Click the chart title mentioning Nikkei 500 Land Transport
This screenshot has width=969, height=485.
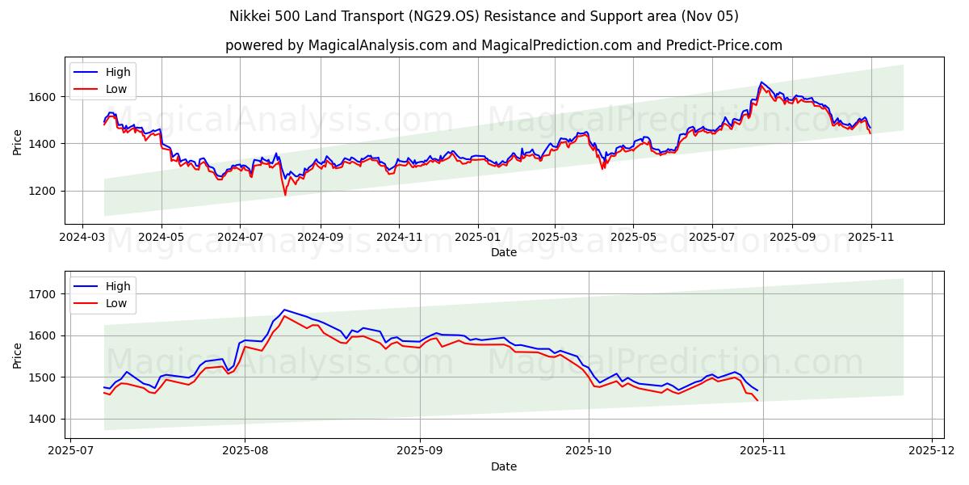tap(484, 16)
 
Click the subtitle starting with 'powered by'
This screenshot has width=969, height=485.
tap(503, 45)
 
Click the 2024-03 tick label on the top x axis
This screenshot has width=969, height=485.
tap(82, 238)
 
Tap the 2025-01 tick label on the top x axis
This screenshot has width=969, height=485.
tap(477, 238)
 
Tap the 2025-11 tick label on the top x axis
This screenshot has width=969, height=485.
tap(870, 238)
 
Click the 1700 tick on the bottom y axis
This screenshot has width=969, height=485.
tap(44, 294)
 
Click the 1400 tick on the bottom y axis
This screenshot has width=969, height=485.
tap(44, 419)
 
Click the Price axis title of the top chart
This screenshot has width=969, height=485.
tap(18, 141)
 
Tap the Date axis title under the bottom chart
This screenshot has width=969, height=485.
tap(504, 466)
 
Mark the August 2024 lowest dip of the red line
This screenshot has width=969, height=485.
tap(285, 195)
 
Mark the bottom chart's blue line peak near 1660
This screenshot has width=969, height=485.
tap(283, 310)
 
